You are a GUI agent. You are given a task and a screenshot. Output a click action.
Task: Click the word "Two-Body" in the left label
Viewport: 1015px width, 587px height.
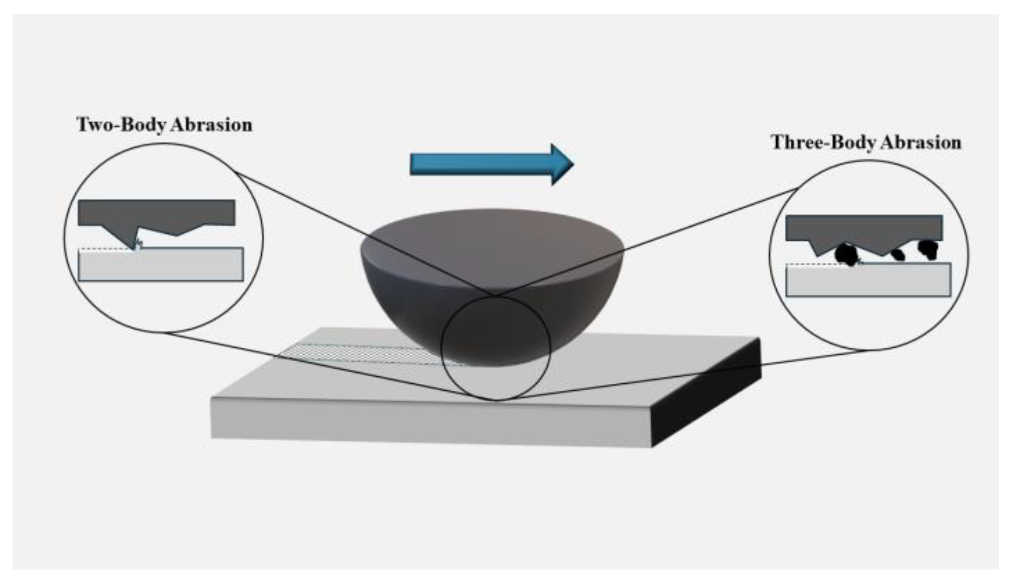coord(118,125)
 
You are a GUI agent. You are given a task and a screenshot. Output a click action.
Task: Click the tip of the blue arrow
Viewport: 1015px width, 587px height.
coord(572,164)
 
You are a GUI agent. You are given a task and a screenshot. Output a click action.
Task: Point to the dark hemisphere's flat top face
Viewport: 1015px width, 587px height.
coord(492,245)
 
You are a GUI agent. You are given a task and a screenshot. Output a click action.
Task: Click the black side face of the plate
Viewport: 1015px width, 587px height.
coord(707,393)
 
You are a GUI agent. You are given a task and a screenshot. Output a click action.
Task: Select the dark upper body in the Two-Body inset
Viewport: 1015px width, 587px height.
coord(156,212)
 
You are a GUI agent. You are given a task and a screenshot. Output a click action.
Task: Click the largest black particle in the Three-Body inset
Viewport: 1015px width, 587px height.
coord(846,254)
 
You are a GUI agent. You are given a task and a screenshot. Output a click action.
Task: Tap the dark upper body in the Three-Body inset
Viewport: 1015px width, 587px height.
coord(864,228)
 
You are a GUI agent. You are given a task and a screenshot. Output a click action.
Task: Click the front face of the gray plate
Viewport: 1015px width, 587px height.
coord(429,421)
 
